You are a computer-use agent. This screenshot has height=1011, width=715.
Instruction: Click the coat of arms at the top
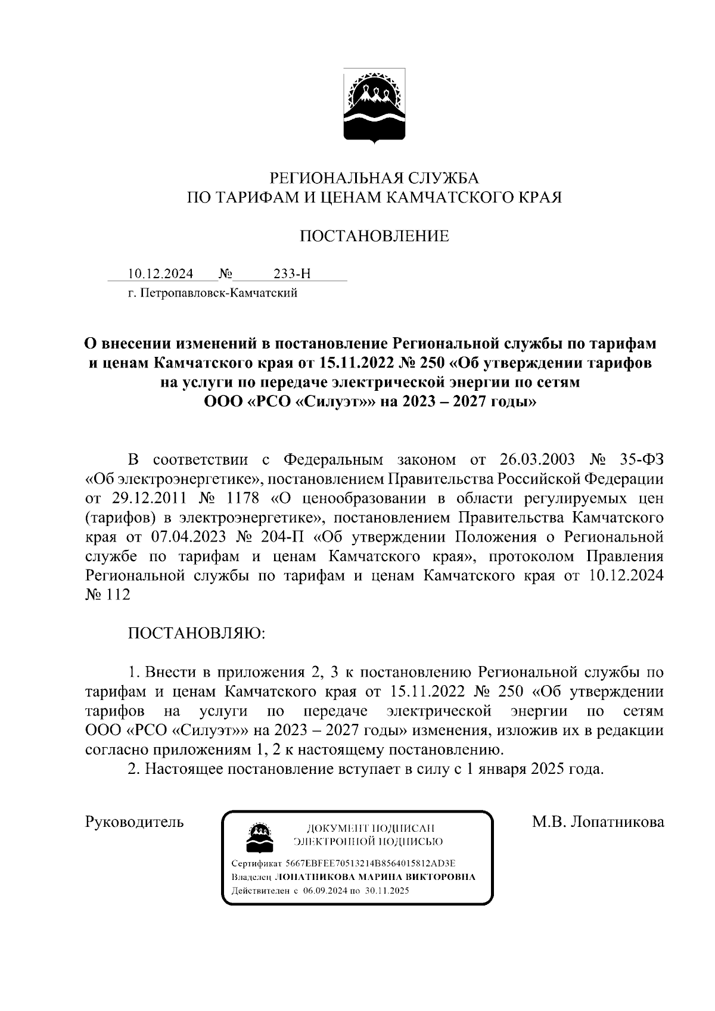374,107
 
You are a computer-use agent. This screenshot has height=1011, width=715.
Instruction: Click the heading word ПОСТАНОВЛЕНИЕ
374,236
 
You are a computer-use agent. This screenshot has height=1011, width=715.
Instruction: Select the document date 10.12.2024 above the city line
161,274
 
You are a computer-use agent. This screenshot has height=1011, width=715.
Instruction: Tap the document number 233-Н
292,274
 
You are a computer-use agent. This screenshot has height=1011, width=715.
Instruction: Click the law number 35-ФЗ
638,460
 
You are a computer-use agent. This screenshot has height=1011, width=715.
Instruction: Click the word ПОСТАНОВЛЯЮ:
197,633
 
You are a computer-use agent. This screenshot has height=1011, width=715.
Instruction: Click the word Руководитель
135,822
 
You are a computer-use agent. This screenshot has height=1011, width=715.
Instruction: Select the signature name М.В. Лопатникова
598,822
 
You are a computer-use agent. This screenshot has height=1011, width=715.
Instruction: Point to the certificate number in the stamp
370,863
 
